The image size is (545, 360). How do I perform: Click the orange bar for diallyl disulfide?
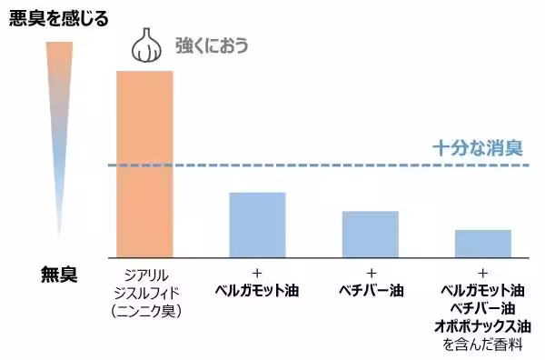point(144,164)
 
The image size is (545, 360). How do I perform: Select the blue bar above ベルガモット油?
point(257,225)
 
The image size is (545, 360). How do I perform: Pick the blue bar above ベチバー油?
point(370,234)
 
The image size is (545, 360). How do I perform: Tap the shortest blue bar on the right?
point(482,243)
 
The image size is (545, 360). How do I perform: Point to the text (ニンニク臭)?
point(144,310)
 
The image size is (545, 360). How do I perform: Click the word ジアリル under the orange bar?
point(144,274)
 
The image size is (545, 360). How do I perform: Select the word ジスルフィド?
point(144,292)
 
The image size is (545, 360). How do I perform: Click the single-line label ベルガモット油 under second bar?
point(257,292)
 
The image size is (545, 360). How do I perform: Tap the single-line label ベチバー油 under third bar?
point(370,292)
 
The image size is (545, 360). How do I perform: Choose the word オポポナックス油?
point(482,326)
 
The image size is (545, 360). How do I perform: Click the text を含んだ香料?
point(482,345)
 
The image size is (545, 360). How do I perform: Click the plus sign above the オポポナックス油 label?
point(482,274)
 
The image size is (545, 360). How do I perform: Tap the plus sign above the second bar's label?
point(257,274)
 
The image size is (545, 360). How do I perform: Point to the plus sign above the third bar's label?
point(370,274)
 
